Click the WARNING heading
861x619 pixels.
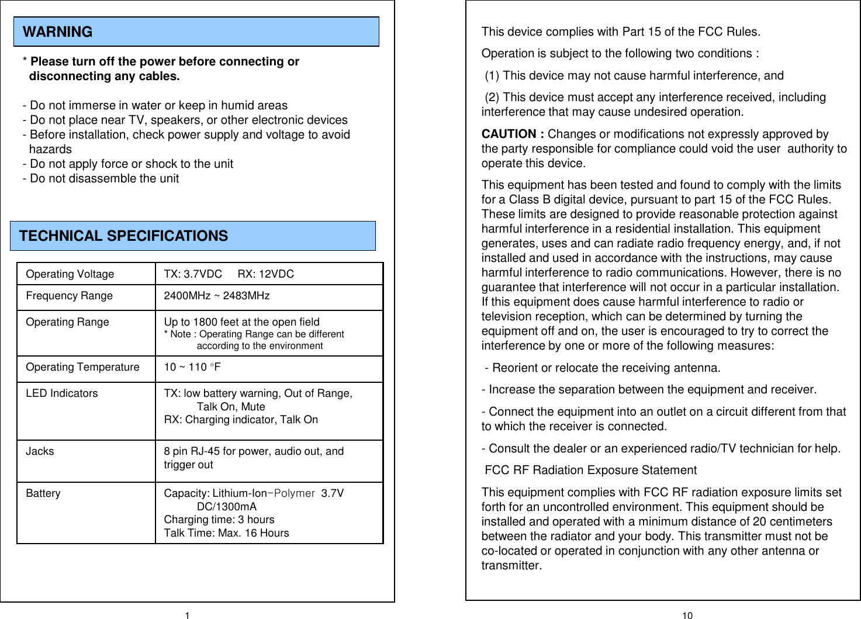[x=57, y=32]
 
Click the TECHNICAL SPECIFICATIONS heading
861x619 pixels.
[x=123, y=236]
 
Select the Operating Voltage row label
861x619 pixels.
[x=70, y=274]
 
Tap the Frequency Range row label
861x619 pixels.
[x=69, y=296]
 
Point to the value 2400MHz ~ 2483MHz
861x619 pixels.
[x=216, y=296]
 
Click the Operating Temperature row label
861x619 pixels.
[x=82, y=367]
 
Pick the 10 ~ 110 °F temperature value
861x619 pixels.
[x=192, y=367]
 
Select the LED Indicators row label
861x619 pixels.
[x=61, y=393]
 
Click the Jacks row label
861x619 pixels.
[x=40, y=451]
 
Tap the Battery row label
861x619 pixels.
[x=43, y=493]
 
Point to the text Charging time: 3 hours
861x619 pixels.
[x=219, y=520]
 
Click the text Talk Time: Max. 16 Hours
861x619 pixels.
[x=226, y=533]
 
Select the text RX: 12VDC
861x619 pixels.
[x=265, y=274]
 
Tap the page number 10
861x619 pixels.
[x=687, y=615]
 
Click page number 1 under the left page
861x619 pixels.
[x=187, y=615]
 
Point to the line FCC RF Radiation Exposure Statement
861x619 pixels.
[x=590, y=471]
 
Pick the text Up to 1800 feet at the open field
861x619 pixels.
[x=241, y=322]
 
